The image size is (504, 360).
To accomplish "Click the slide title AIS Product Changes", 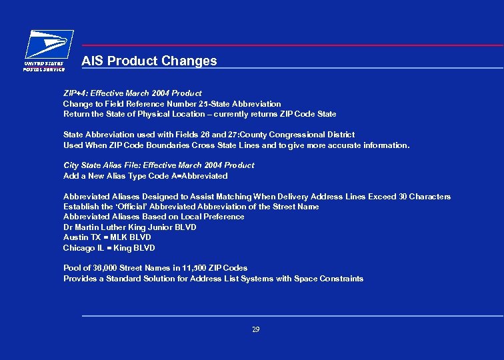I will coord(149,61).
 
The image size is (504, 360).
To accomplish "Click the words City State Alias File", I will coord(101,165).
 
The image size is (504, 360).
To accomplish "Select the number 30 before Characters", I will coord(402,197).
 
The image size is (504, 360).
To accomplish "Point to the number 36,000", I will coord(105,268).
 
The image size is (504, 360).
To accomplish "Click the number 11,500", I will coord(192,268).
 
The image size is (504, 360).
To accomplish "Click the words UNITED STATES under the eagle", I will coord(44,64).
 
